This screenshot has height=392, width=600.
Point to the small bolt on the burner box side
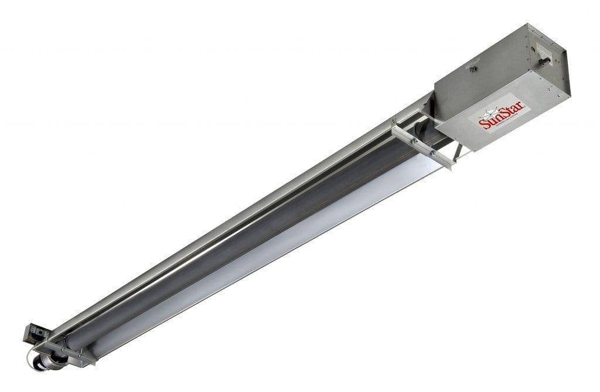[x=474, y=69]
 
